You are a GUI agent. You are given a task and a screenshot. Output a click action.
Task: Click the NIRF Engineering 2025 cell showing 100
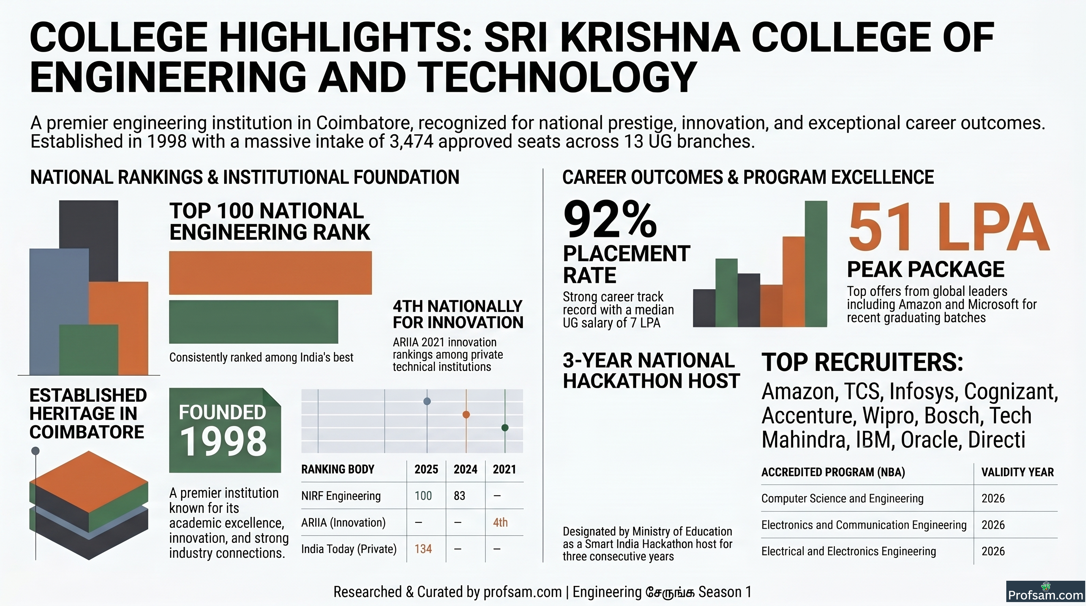click(x=423, y=496)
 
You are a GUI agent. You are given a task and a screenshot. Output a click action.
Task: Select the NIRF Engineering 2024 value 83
click(x=459, y=496)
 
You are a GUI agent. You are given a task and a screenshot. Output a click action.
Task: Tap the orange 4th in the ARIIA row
click(x=500, y=523)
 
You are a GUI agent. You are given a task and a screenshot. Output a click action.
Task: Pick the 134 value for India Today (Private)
click(x=423, y=549)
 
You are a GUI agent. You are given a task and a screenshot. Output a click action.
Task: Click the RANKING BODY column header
click(x=338, y=469)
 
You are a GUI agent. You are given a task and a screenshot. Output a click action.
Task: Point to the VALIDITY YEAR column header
click(x=1018, y=472)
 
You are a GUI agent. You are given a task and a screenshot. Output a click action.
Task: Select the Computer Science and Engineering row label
click(x=843, y=499)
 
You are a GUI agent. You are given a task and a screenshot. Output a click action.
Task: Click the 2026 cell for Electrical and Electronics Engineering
click(x=993, y=551)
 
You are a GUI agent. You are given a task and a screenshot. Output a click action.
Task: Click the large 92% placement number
click(x=610, y=220)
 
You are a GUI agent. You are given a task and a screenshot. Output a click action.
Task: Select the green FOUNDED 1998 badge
click(x=225, y=430)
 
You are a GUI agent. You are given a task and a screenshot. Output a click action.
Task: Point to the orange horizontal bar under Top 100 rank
click(x=270, y=273)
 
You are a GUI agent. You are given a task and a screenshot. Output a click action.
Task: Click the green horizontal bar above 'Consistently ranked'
click(x=253, y=322)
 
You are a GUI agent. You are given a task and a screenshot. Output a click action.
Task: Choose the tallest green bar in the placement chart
click(x=816, y=264)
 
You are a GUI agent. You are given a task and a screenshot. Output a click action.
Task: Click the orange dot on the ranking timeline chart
click(x=466, y=415)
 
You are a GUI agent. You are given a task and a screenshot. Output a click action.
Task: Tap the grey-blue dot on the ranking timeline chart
click(x=427, y=401)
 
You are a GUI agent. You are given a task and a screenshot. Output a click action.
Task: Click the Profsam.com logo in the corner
click(x=1045, y=593)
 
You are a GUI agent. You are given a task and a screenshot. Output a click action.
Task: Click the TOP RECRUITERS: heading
click(x=863, y=363)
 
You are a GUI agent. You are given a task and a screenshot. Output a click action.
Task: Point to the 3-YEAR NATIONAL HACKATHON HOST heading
click(x=652, y=371)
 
